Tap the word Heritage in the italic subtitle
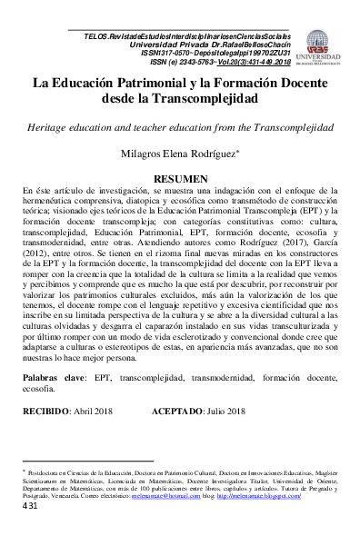pyautogui.click(x=51, y=124)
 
